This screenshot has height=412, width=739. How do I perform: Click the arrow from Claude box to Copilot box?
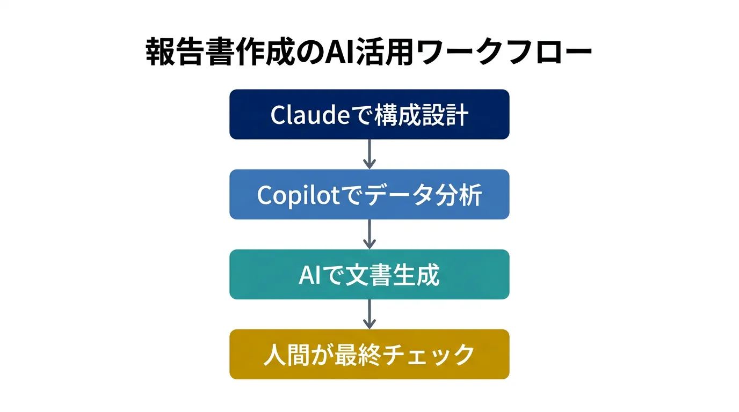(369, 154)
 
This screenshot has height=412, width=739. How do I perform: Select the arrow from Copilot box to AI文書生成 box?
(369, 234)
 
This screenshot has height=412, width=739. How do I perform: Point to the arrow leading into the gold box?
(369, 314)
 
